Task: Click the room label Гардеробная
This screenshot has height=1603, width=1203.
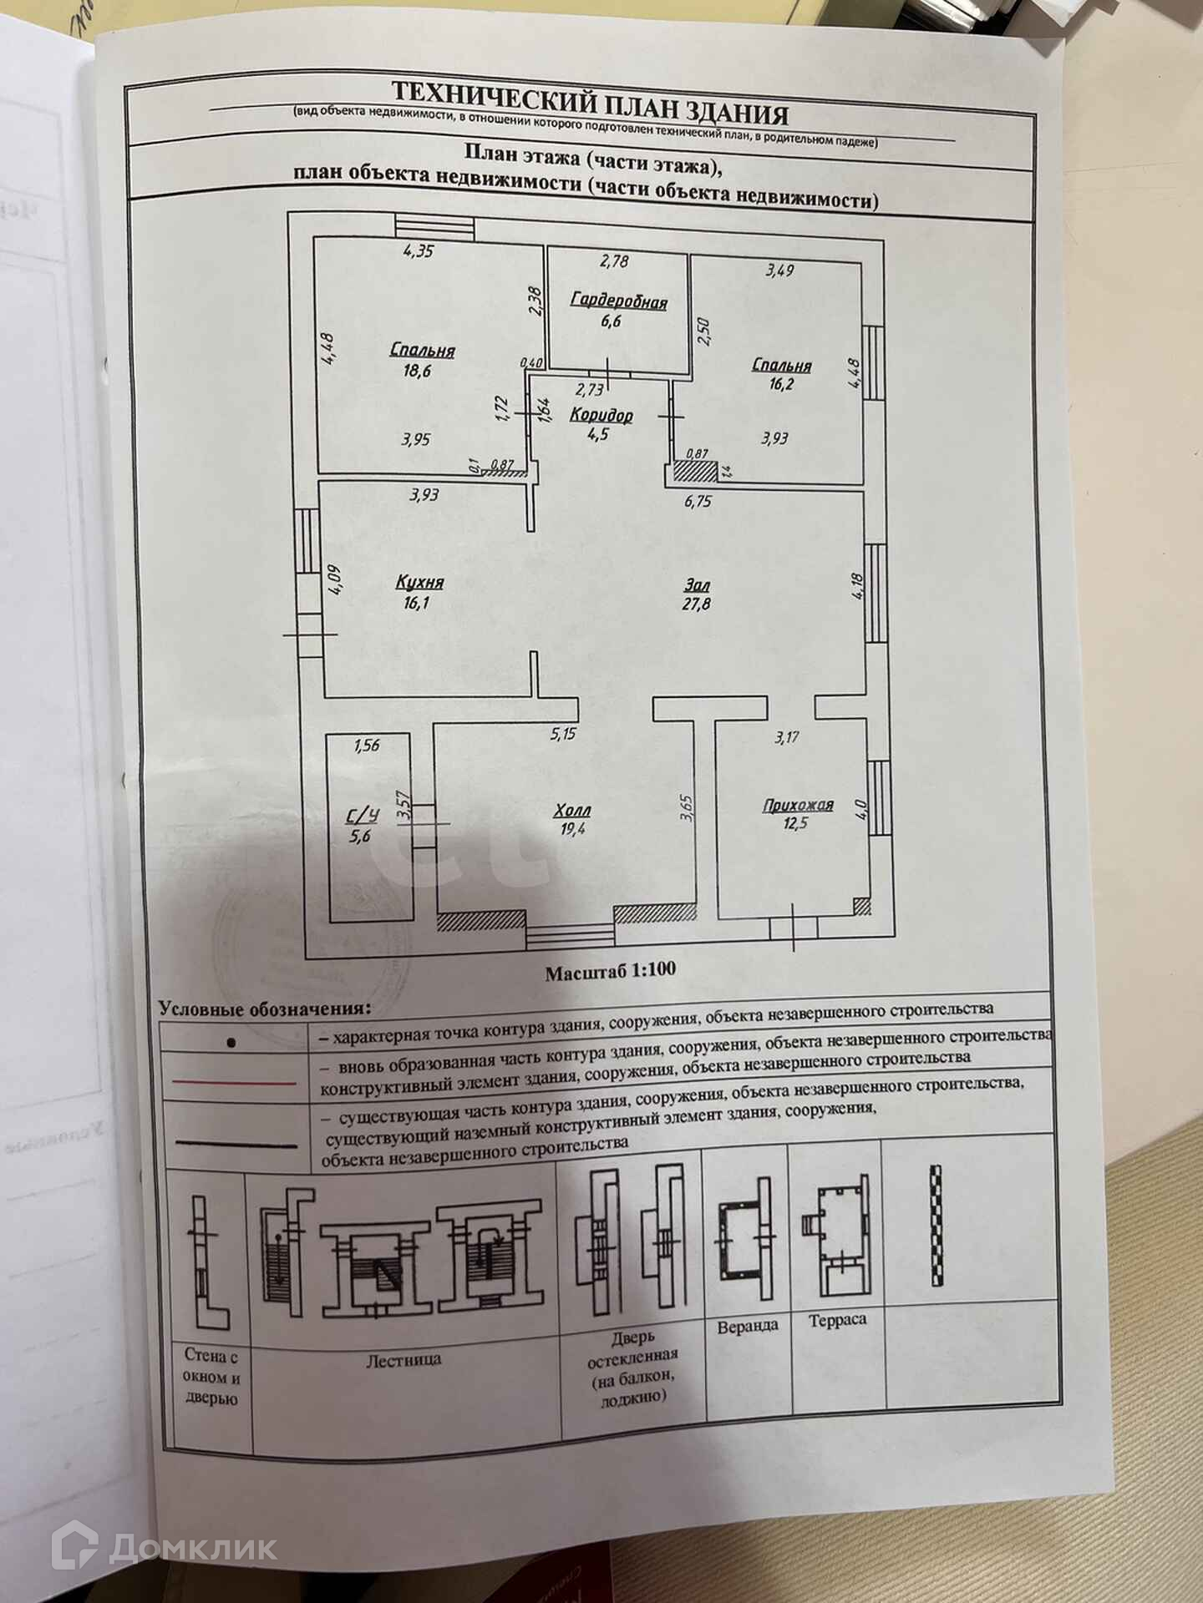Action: pyautogui.click(x=619, y=301)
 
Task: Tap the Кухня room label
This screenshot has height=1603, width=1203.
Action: pyautogui.click(x=419, y=583)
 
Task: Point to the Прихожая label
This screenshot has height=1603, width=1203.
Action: pyautogui.click(x=798, y=806)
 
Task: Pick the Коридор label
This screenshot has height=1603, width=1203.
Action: pyautogui.click(x=601, y=415)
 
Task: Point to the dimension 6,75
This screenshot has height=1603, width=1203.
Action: pyautogui.click(x=698, y=501)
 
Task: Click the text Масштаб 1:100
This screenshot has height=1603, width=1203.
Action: pyautogui.click(x=611, y=971)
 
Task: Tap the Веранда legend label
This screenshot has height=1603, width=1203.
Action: pyautogui.click(x=748, y=1326)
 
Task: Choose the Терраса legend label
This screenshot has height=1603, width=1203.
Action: pyautogui.click(x=838, y=1320)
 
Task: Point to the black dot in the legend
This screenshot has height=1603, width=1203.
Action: pyautogui.click(x=231, y=1044)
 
